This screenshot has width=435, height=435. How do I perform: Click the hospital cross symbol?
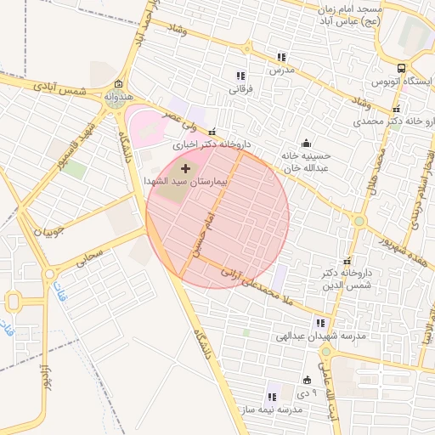click(x=186, y=168)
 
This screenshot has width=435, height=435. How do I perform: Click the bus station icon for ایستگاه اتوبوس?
click(x=401, y=68)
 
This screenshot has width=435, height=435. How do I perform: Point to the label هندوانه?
click(x=119, y=97)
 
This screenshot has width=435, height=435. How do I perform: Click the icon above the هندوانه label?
click(x=117, y=84)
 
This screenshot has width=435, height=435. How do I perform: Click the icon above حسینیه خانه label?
click(x=305, y=143)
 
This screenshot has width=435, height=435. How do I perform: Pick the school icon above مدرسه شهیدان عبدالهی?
click(x=320, y=323)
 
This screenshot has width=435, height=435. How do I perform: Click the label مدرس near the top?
click(x=281, y=70)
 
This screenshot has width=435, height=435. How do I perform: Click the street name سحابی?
click(x=90, y=257)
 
